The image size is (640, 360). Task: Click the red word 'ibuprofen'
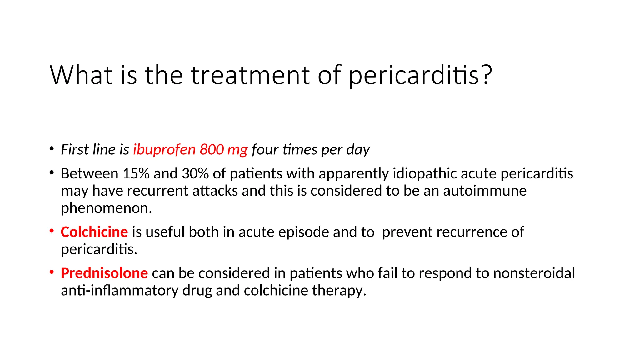[x=164, y=149]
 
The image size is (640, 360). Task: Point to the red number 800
[x=212, y=149]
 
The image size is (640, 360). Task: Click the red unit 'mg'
[x=237, y=150]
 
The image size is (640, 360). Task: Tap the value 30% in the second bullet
[x=195, y=173]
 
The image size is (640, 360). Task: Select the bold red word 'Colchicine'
[x=94, y=232]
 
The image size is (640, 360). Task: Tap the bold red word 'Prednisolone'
[x=104, y=273]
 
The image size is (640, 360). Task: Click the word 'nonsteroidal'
[x=534, y=273]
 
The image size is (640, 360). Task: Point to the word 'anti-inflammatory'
[x=120, y=290]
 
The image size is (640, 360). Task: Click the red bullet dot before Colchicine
[x=52, y=231]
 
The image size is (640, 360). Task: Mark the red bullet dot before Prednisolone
[x=52, y=272]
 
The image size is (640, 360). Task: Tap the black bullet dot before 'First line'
[x=52, y=148]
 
